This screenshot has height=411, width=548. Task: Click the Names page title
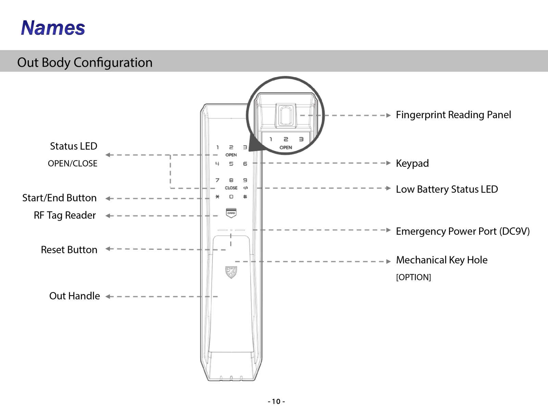point(53,28)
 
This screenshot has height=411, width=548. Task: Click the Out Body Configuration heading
point(85,62)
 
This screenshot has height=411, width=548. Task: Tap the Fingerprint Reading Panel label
point(453,115)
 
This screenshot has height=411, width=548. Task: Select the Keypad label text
point(412,163)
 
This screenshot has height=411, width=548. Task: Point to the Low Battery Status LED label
point(447,189)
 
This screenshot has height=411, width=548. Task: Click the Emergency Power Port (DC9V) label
point(463,231)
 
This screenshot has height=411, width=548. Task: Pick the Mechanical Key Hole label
point(441,260)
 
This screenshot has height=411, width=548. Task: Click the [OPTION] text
point(413,277)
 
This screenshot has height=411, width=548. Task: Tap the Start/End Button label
point(59,198)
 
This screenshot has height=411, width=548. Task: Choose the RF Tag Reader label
point(65,215)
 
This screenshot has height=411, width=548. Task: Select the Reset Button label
point(69,250)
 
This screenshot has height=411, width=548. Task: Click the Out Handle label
point(74,296)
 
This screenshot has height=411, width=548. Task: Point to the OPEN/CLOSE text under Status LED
point(72,163)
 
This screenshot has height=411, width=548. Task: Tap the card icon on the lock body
point(231,213)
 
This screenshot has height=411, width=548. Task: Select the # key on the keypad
point(245,197)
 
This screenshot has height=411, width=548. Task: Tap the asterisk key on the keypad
point(217,197)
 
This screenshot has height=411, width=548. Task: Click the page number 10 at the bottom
point(276,401)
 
